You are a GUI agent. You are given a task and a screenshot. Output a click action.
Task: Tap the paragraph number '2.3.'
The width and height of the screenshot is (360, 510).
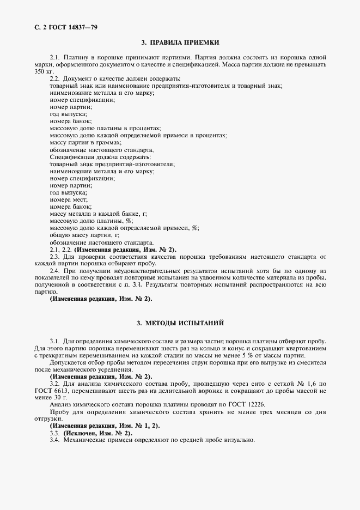[x=54, y=256]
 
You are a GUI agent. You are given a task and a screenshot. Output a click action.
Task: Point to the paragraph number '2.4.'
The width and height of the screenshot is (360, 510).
[x=54, y=271]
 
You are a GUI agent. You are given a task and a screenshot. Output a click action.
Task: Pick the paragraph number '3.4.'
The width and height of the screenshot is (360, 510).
[x=54, y=440]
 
